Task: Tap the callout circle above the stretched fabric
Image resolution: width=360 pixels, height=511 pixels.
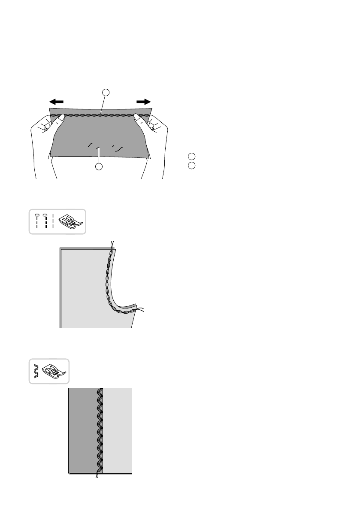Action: click(106, 92)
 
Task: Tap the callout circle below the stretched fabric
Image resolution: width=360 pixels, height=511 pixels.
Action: click(100, 167)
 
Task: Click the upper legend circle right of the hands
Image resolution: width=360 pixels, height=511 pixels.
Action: click(191, 157)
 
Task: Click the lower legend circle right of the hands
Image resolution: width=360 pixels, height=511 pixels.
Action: click(191, 165)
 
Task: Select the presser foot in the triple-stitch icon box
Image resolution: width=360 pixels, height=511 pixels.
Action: click(70, 221)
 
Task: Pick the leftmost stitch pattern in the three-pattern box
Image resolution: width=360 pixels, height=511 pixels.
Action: click(37, 221)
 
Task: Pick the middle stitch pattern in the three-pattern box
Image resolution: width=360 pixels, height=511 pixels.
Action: click(45, 221)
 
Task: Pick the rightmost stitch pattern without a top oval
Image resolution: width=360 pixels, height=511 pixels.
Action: click(53, 221)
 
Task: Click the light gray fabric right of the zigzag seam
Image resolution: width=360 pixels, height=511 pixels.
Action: click(118, 429)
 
